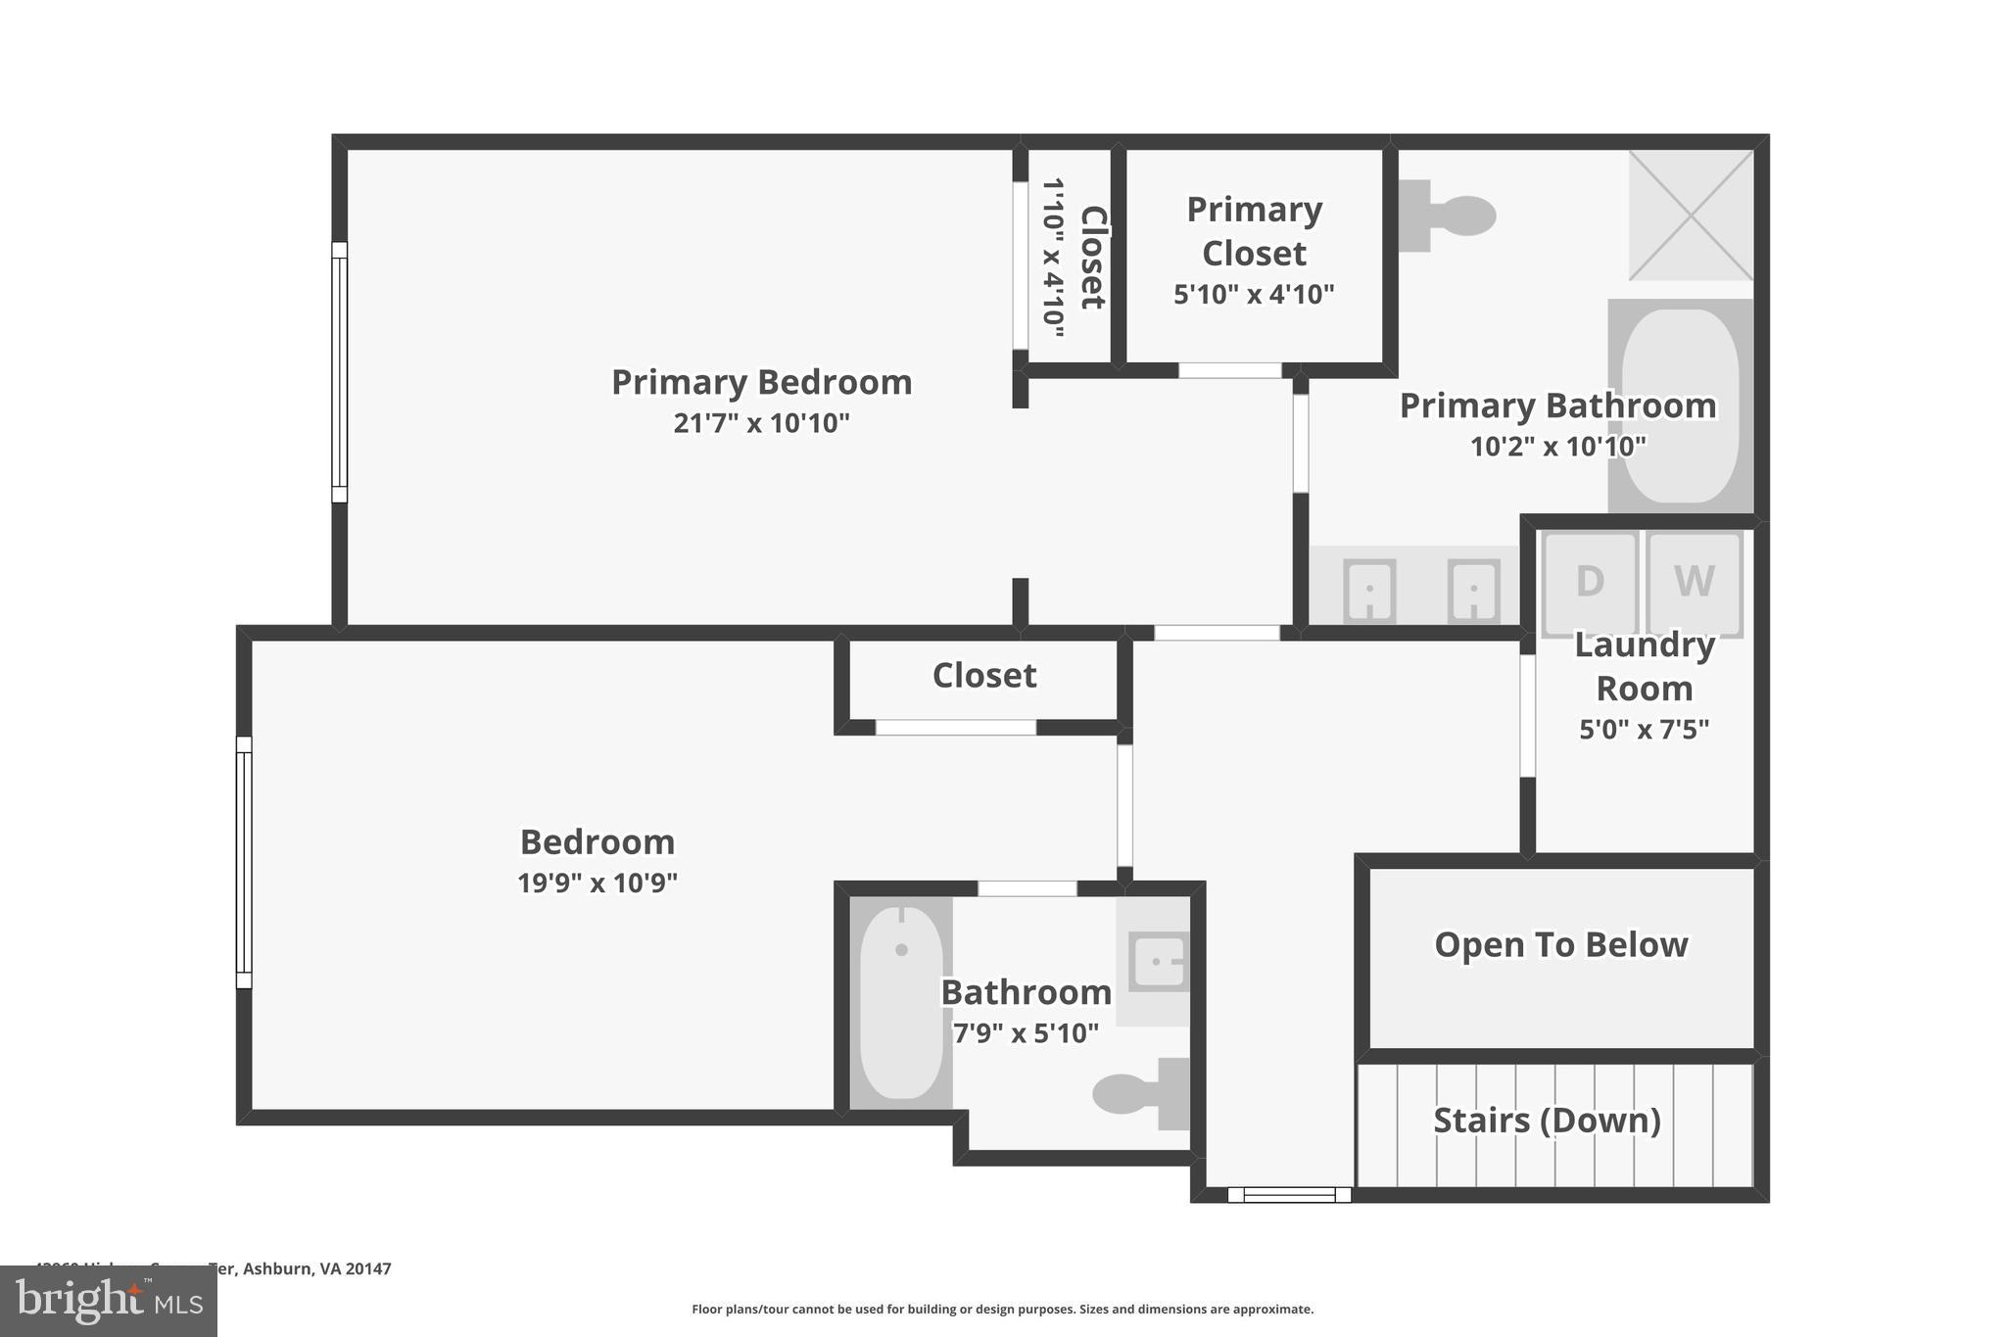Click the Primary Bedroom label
(761, 382)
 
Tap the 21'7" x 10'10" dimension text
(761, 423)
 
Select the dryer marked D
(1590, 583)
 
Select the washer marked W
(1694, 583)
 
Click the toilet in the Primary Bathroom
(1450, 215)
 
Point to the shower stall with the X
(1691, 215)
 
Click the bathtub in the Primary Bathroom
(1681, 406)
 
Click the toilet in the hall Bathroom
(1136, 1093)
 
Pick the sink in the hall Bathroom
(1158, 962)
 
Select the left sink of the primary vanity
(1369, 590)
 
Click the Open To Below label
(1560, 945)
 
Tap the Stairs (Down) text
(1547, 1121)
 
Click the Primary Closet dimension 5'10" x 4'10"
(1254, 294)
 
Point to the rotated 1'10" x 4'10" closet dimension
(1052, 258)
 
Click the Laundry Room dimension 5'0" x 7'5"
(1644, 730)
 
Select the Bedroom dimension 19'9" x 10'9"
(597, 883)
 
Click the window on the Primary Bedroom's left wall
(339, 372)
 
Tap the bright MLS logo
(109, 1302)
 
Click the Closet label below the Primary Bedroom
(983, 676)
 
